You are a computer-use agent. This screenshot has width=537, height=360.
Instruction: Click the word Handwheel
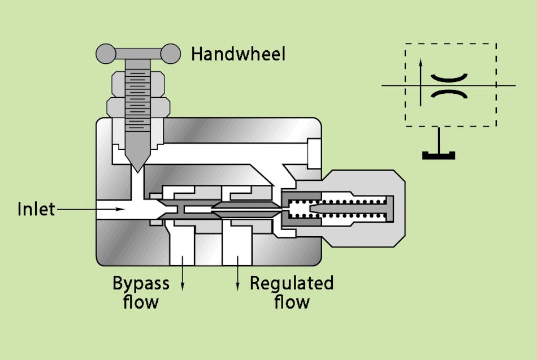[x=238, y=54]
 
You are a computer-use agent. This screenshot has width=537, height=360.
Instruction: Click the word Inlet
[x=36, y=209]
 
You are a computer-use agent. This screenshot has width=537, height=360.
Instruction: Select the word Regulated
[x=292, y=283]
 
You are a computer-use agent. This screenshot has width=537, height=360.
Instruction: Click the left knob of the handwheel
[x=105, y=54]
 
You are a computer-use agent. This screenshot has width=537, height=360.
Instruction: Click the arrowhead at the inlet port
[x=120, y=209]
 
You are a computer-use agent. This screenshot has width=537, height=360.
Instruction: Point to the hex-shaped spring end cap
[x=390, y=209]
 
